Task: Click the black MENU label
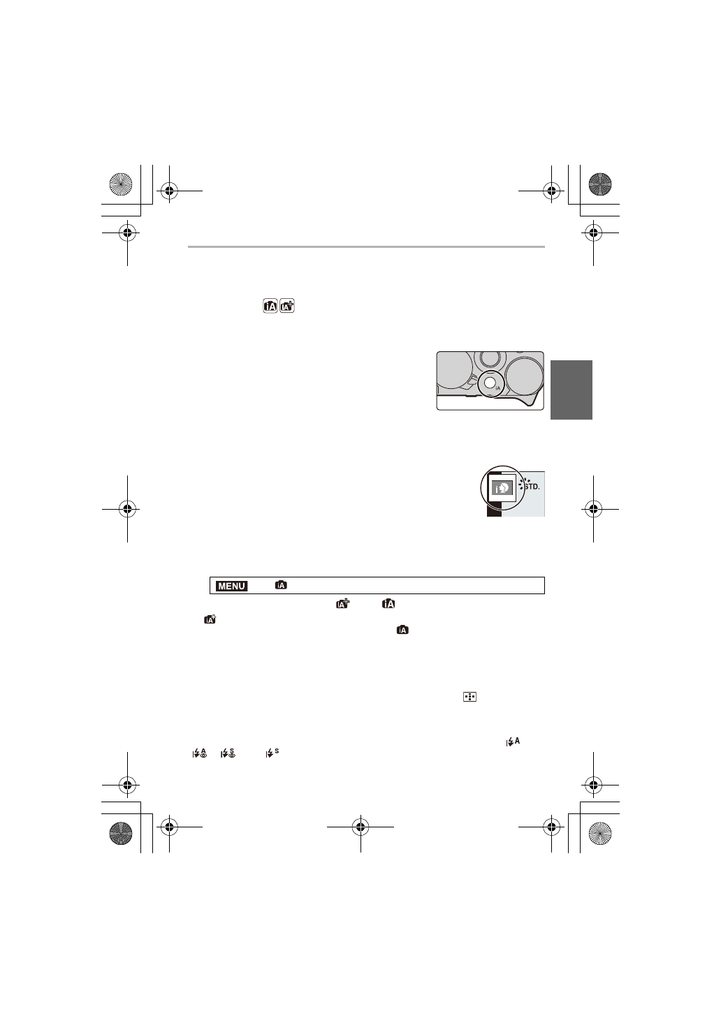tap(232, 586)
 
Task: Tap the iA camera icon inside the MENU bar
tap(281, 585)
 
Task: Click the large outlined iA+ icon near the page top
tap(287, 306)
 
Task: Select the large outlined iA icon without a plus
tap(270, 307)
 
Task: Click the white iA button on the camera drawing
tap(490, 383)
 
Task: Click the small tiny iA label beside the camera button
tap(498, 388)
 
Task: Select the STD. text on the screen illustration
tap(532, 486)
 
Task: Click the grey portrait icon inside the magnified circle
tap(502, 488)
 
